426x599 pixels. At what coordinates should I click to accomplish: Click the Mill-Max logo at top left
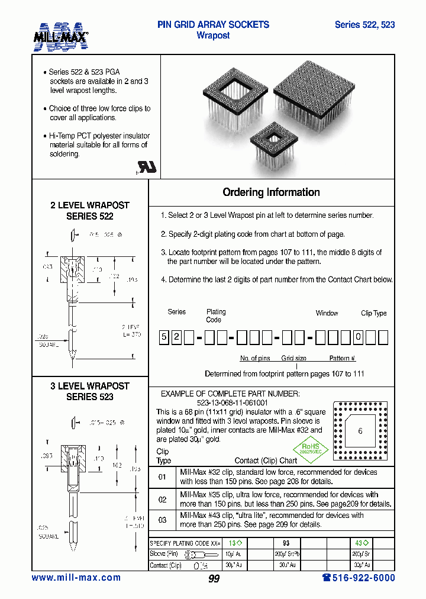[60, 36]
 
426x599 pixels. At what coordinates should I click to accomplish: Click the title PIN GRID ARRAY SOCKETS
[213, 25]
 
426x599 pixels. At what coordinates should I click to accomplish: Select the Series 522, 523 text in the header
[364, 25]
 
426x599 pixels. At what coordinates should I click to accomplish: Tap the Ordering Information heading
[271, 192]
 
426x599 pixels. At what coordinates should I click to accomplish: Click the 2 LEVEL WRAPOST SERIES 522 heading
[90, 211]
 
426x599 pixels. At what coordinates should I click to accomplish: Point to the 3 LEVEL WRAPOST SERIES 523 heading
[90, 391]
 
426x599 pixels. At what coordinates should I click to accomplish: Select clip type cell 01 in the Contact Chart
[162, 477]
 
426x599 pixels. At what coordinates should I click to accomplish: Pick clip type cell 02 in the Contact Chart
[162, 499]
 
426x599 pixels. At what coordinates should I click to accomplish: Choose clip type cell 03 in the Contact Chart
[162, 520]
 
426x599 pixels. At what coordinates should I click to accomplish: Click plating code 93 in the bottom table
[286, 543]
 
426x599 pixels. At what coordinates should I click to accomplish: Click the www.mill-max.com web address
[76, 578]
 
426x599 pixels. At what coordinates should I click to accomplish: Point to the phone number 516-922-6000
[358, 578]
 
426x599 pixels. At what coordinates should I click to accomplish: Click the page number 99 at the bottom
[214, 579]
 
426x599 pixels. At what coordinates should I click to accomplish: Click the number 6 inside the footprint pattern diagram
[360, 431]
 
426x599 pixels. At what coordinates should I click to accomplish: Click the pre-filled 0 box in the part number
[358, 338]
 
